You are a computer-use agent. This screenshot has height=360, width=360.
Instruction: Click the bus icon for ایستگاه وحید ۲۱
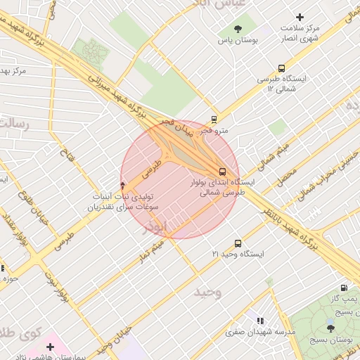pos(237,243)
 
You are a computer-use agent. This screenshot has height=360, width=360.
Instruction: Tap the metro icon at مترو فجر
pos(214,119)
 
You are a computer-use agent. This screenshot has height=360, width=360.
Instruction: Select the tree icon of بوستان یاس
pos(238,30)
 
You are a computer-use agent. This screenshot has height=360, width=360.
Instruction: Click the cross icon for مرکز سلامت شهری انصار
pos(300,17)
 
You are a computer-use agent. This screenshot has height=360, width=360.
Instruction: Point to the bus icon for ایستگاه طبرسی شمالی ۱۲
pos(281,69)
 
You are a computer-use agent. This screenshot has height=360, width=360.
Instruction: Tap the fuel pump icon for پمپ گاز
pos(343,288)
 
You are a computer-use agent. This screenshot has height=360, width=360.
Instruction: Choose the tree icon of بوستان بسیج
pos(330,328)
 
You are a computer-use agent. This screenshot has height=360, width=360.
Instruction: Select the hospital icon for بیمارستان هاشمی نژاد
pos(51,347)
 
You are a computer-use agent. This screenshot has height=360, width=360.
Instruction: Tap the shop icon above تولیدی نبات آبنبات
pos(124,185)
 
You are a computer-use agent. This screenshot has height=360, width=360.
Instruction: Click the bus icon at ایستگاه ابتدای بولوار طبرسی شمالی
pos(222,171)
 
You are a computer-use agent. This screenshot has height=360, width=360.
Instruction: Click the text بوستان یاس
pos(238,41)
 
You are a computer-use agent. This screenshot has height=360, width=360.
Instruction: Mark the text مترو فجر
pos(214,130)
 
